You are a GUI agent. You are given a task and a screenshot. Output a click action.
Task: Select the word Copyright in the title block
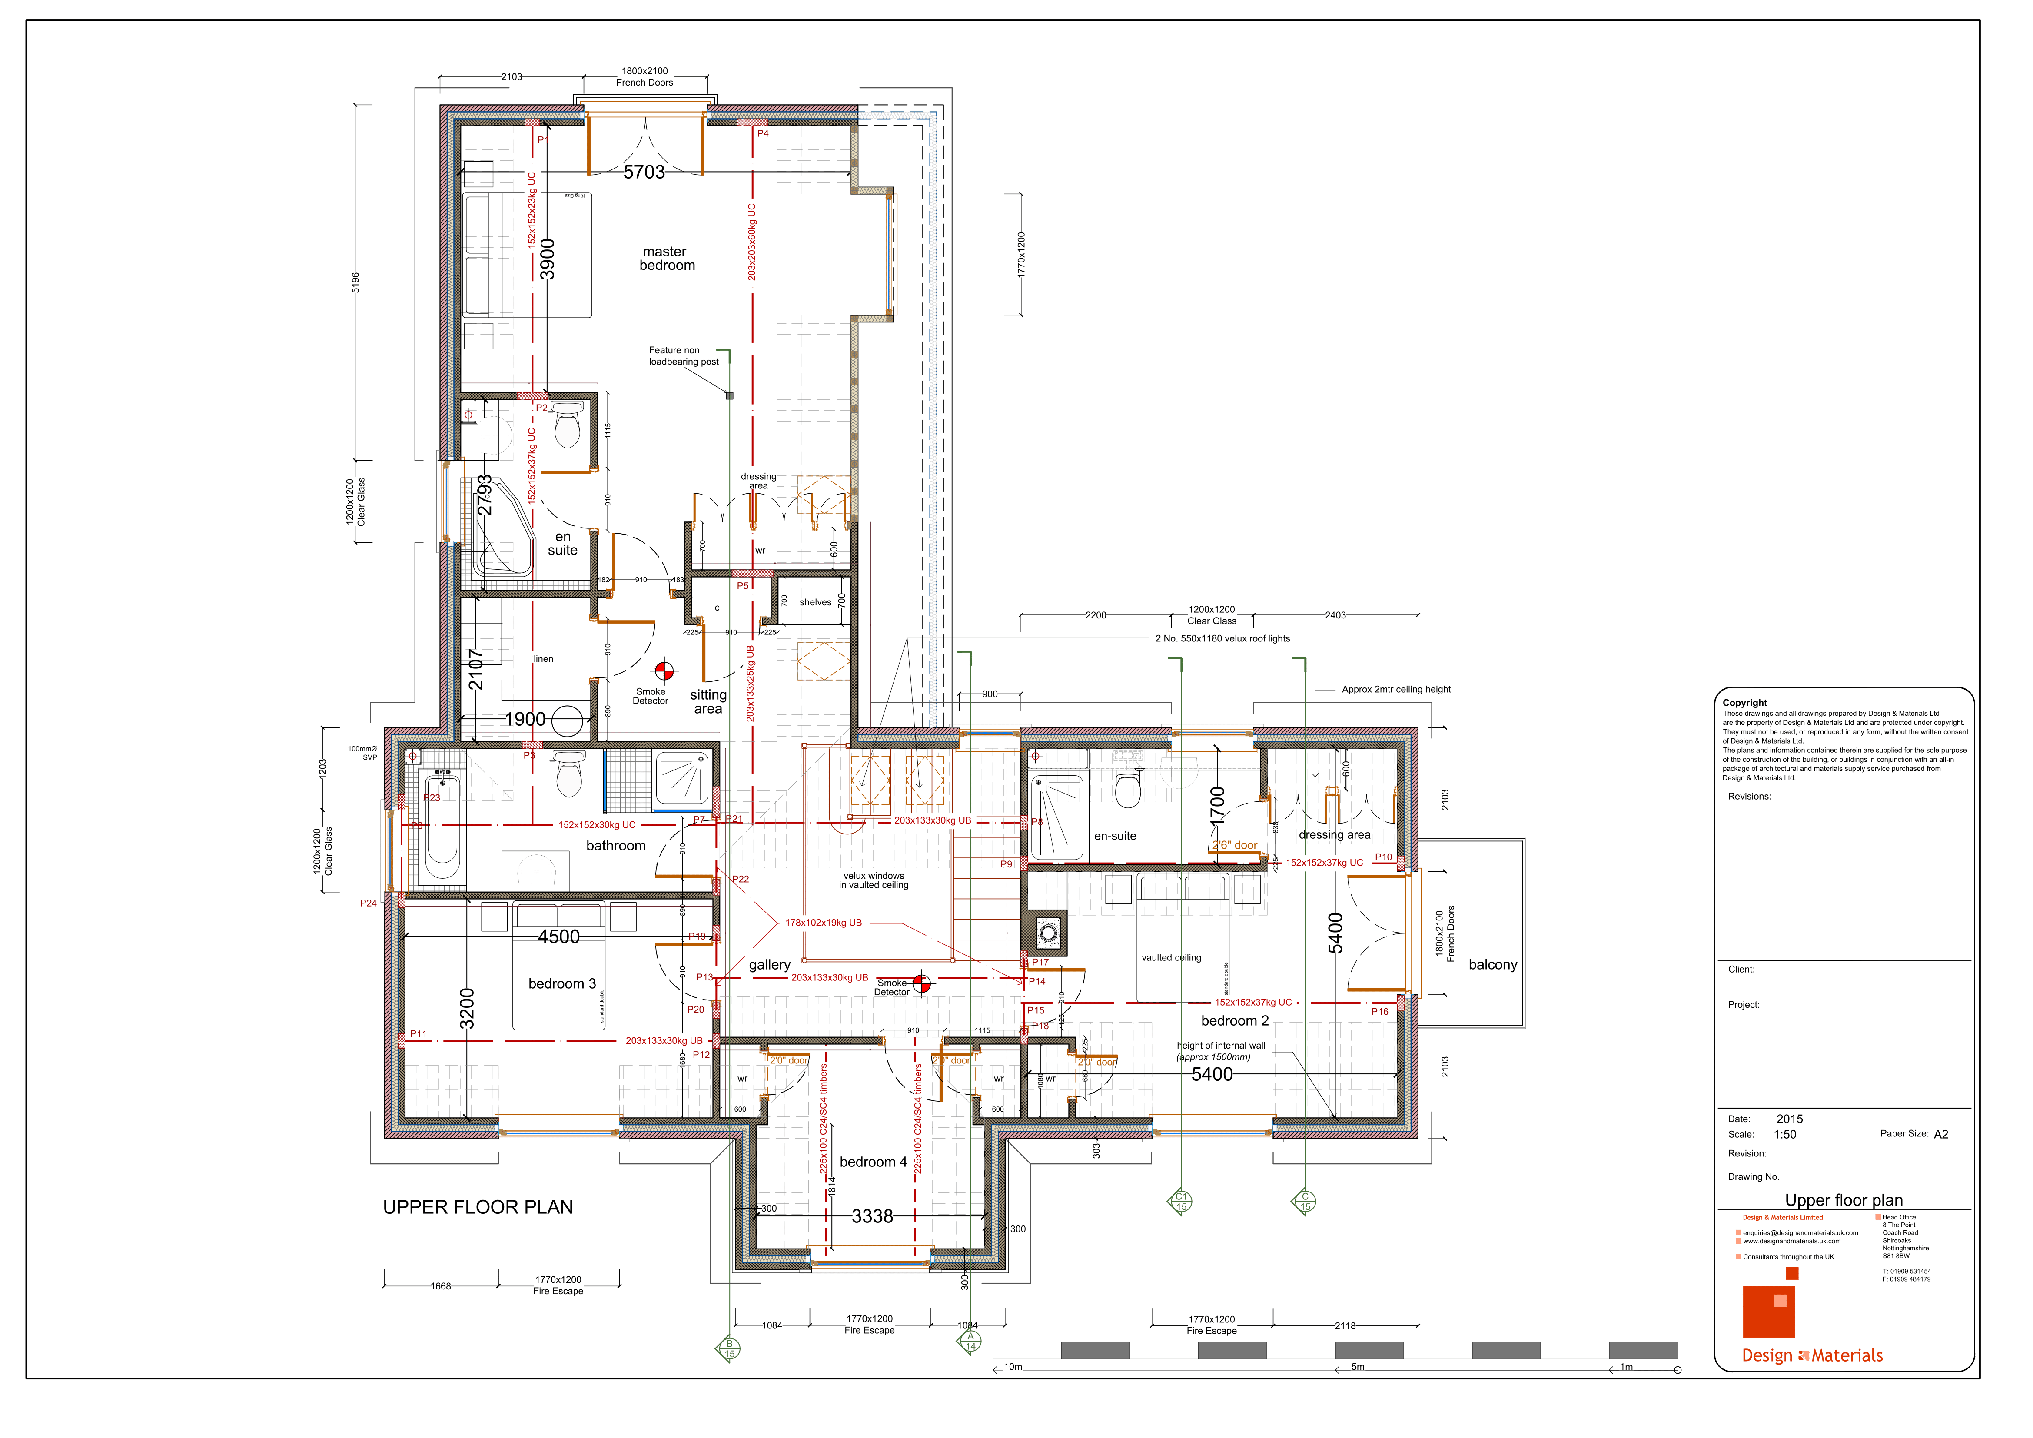tap(1744, 702)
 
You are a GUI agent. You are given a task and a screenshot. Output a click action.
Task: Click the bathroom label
tap(615, 846)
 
